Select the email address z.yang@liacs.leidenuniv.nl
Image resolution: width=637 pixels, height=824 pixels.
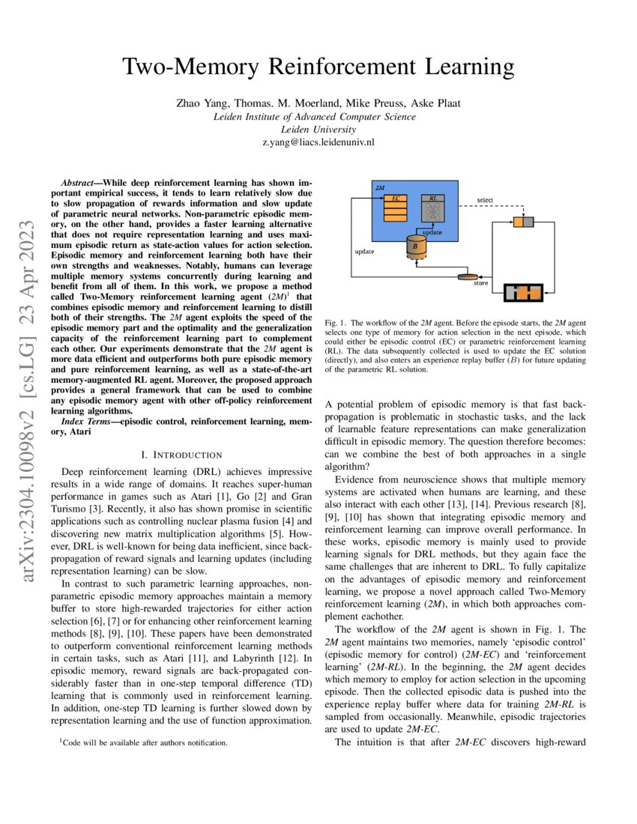[x=318, y=141]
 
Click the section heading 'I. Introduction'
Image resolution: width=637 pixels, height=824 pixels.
[x=181, y=455]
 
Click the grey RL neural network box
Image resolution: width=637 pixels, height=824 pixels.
[x=432, y=210]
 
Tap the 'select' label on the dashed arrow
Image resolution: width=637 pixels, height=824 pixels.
[x=485, y=201]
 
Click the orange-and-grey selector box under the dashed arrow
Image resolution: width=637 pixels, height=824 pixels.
[x=522, y=221]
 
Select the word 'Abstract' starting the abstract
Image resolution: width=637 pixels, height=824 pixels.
[x=79, y=182]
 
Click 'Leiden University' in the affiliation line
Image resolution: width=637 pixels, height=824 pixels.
[x=318, y=129]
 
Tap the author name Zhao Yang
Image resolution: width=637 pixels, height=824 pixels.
[x=197, y=104]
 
